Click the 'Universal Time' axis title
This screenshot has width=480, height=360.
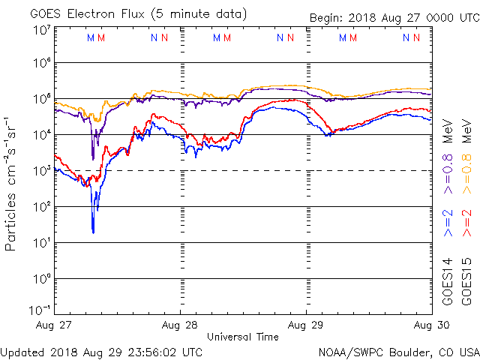click(x=243, y=337)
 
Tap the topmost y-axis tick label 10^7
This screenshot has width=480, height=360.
click(x=40, y=31)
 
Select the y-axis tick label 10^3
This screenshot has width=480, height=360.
click(x=40, y=171)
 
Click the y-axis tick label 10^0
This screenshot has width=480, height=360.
click(x=40, y=279)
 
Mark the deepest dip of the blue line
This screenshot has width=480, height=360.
click(x=93, y=232)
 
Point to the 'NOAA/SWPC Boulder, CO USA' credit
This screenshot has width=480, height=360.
click(x=398, y=351)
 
